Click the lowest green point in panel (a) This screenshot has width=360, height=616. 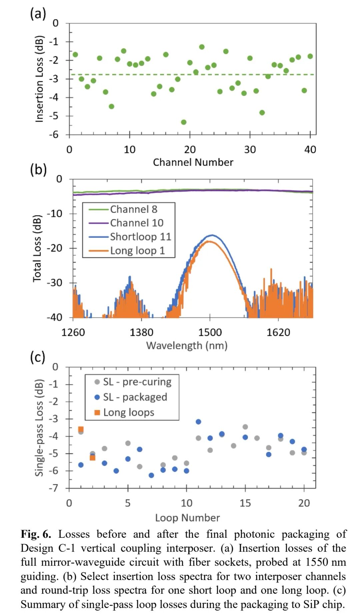click(x=184, y=122)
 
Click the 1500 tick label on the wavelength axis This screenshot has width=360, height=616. click(x=210, y=332)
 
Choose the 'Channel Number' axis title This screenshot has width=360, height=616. click(x=193, y=162)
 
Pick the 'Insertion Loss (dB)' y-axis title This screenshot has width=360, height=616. click(x=39, y=79)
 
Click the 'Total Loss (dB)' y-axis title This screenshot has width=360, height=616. click(x=37, y=249)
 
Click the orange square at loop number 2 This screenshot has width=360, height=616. click(x=93, y=458)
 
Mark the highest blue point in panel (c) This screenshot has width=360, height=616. click(x=198, y=422)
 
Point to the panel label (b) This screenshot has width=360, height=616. click(x=38, y=170)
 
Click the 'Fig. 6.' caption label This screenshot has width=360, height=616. click(x=36, y=534)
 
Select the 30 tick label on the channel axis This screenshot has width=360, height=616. click(x=250, y=150)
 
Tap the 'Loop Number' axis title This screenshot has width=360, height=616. click(x=187, y=518)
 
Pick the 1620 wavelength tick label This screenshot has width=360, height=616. click(x=278, y=332)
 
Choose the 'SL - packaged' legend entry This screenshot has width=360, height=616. click(x=135, y=397)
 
